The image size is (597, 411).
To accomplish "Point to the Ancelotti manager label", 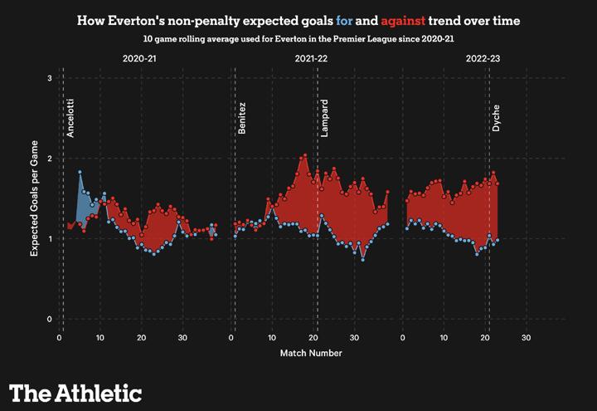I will click(x=71, y=119).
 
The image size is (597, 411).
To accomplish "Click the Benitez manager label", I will click(x=242, y=119).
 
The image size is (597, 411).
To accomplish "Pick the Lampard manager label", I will click(x=324, y=119).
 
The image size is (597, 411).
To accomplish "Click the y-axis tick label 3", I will click(x=50, y=79).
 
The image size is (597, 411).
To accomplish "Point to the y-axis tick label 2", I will click(x=50, y=159).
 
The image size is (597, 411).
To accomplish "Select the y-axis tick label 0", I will click(x=50, y=320).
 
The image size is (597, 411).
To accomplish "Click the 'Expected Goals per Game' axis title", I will click(x=35, y=199).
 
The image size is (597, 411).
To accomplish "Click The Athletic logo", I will click(x=75, y=392).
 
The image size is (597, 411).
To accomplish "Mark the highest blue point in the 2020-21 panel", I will click(x=80, y=172).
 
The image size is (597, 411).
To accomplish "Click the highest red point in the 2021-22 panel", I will click(x=305, y=155).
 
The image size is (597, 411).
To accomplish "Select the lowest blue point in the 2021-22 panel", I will click(x=362, y=259).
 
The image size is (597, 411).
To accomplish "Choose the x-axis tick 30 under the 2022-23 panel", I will click(x=526, y=338).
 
